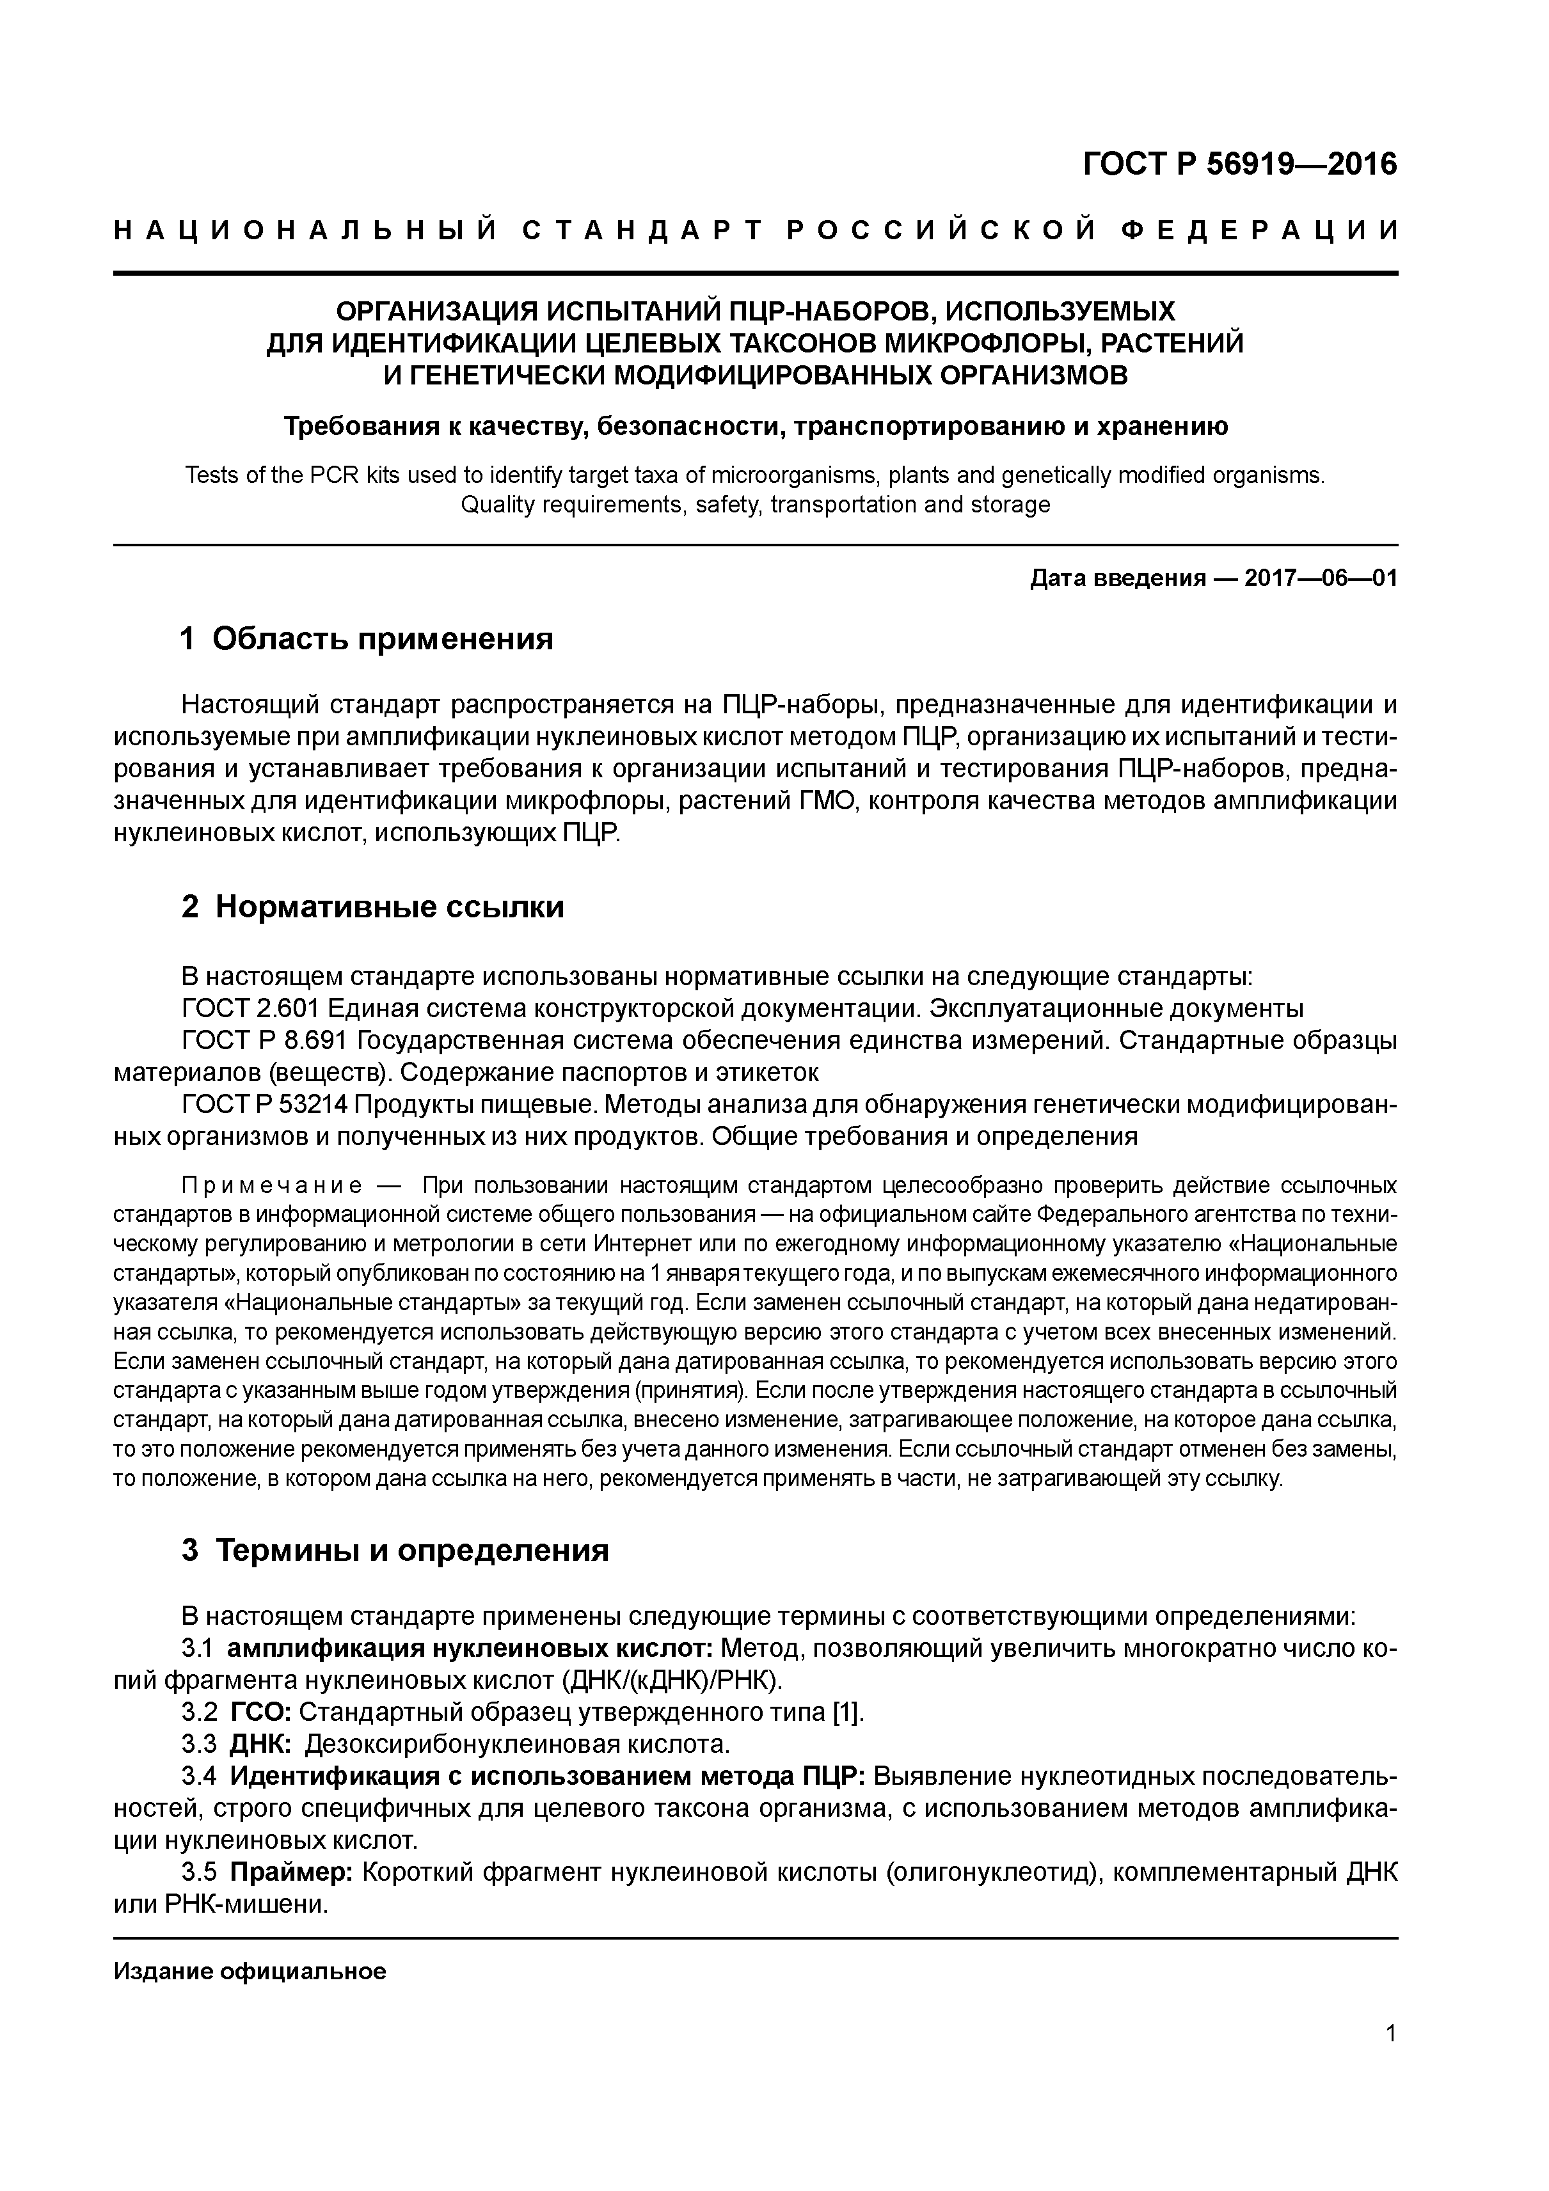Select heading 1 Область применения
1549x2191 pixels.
point(367,638)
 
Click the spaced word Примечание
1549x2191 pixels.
point(272,1186)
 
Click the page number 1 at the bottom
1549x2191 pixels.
point(1390,2060)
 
